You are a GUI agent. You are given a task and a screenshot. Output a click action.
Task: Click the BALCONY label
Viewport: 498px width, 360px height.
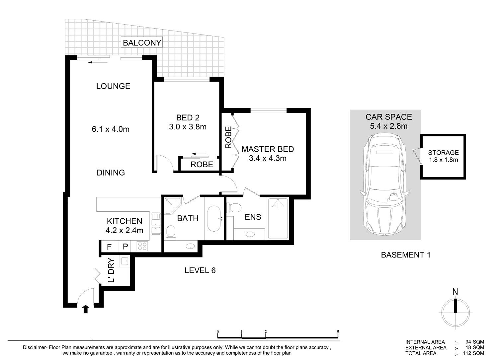click(x=142, y=43)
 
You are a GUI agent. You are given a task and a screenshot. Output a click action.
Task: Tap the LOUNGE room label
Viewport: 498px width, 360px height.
click(x=113, y=86)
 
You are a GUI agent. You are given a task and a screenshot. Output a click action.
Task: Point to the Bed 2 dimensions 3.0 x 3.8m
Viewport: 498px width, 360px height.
click(x=188, y=127)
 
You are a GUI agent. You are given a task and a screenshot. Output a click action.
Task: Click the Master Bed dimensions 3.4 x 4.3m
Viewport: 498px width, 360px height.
click(x=268, y=159)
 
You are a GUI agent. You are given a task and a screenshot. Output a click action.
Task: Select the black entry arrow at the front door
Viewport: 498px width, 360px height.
click(x=86, y=309)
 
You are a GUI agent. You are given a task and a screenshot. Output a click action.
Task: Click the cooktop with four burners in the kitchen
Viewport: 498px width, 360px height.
click(x=142, y=246)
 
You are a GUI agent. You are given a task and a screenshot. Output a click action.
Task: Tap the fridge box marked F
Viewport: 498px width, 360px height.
click(x=109, y=247)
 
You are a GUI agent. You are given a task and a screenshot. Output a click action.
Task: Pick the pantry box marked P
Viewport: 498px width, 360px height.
click(x=125, y=247)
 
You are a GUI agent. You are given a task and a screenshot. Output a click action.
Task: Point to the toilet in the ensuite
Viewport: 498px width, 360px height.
click(x=235, y=207)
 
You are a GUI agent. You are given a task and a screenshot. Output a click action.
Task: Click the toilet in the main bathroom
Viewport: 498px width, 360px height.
click(x=171, y=233)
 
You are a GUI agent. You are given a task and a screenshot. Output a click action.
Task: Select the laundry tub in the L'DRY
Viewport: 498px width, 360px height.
click(x=124, y=261)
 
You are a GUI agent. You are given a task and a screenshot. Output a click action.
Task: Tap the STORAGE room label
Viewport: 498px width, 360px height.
click(x=443, y=153)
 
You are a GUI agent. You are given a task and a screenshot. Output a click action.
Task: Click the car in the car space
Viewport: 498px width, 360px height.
click(x=385, y=184)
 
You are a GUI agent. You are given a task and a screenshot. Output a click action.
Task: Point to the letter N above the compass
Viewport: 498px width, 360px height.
click(x=455, y=292)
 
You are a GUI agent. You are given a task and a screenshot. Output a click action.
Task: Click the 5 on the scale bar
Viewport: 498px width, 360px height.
click(x=338, y=332)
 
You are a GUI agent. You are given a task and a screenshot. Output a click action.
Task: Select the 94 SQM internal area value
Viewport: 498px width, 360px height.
click(x=475, y=342)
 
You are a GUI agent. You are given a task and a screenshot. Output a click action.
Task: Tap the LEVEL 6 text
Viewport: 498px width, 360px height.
click(x=200, y=270)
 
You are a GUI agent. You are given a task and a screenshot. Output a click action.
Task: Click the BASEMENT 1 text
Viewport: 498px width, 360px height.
click(x=406, y=255)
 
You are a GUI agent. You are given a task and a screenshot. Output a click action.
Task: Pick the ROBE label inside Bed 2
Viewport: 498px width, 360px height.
click(x=202, y=165)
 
